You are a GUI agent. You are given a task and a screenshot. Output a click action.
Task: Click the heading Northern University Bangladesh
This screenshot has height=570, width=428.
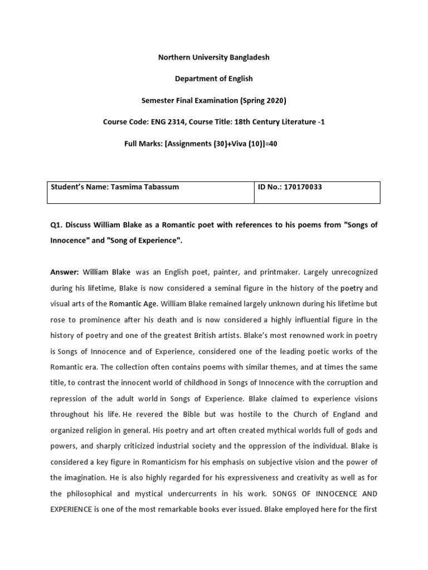[x=214, y=57]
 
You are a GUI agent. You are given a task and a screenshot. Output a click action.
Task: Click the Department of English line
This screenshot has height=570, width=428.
[x=214, y=78]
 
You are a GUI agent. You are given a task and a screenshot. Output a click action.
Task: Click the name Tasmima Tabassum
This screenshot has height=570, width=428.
[x=145, y=187]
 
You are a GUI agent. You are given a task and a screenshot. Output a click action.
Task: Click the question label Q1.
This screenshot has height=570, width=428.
[x=56, y=224]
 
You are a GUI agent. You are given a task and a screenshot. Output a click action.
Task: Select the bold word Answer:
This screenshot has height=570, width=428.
[x=65, y=272]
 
